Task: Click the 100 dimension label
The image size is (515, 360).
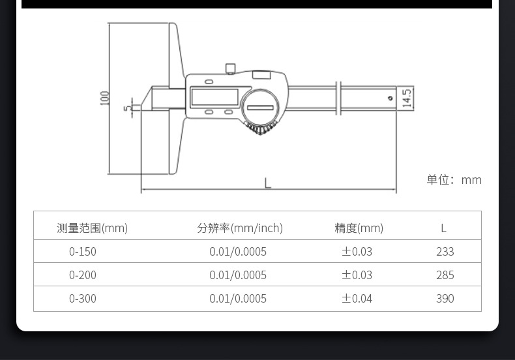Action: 104,98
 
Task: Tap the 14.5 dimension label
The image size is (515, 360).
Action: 407,98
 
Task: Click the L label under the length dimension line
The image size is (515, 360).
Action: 268,183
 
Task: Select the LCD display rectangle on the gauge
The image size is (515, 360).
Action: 215,97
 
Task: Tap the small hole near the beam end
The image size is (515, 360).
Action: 390,98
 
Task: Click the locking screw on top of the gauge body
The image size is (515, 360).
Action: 231,68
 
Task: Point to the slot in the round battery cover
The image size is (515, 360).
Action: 260,108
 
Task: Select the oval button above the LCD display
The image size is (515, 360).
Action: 209,82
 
